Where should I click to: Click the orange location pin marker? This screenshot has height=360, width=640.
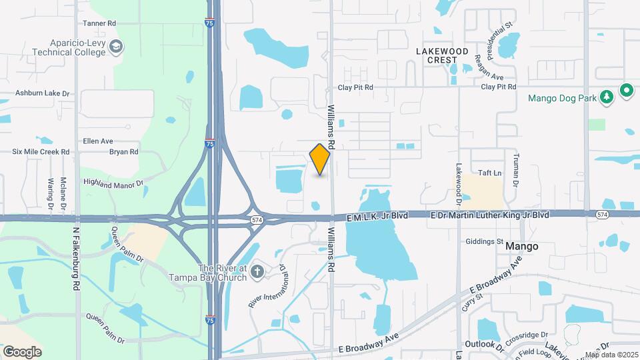(x=320, y=159)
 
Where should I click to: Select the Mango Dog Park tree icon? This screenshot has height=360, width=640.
(x=606, y=97)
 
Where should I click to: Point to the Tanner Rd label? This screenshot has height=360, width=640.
(x=99, y=23)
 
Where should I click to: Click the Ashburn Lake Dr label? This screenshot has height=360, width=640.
(x=43, y=94)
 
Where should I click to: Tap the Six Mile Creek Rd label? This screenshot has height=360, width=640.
(x=41, y=152)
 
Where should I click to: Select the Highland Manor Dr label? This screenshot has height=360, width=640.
(x=113, y=182)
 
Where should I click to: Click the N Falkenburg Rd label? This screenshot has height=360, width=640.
(x=76, y=257)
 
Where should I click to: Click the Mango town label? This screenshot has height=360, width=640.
(x=522, y=246)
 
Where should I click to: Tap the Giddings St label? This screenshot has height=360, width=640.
(x=485, y=241)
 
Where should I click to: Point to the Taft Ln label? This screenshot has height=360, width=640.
(x=485, y=172)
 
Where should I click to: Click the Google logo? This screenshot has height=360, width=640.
(x=22, y=351)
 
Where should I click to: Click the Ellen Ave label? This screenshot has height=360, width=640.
(x=98, y=141)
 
